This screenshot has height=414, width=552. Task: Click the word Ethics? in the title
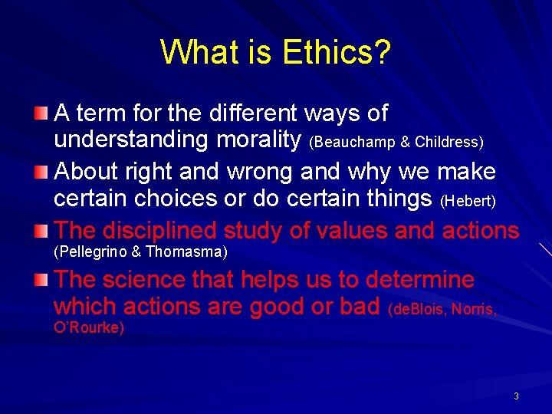click(x=337, y=52)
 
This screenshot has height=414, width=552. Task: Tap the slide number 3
click(x=516, y=396)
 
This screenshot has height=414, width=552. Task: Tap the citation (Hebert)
click(x=468, y=200)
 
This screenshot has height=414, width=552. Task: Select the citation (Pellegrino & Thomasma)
click(x=140, y=251)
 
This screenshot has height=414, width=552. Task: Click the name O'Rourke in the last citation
click(x=89, y=328)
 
